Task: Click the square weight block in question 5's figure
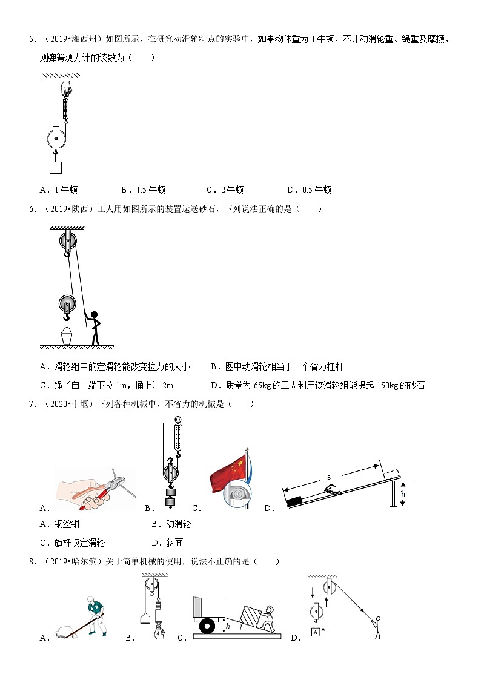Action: point(56,167)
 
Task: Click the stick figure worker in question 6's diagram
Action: point(93,328)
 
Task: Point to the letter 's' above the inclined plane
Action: point(329,477)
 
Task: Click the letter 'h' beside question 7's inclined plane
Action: point(402,494)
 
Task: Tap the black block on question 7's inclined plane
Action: point(295,501)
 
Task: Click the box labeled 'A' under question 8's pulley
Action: point(315,633)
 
